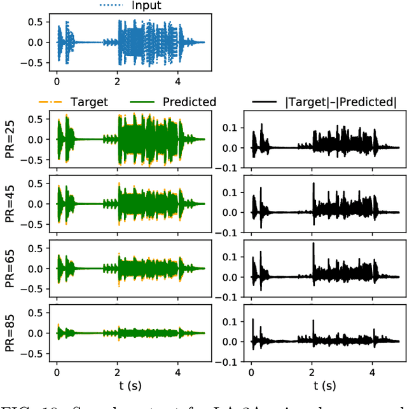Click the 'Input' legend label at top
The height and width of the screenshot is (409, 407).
[146, 6]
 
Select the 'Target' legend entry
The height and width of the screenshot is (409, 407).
[90, 102]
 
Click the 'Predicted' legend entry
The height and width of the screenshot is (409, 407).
[189, 102]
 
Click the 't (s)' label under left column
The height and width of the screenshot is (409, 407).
[131, 386]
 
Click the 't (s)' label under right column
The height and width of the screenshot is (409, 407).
[326, 386]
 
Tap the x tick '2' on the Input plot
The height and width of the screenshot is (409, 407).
[118, 81]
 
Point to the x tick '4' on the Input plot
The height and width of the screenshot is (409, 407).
[178, 81]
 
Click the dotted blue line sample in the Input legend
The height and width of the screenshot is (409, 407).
[113, 6]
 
